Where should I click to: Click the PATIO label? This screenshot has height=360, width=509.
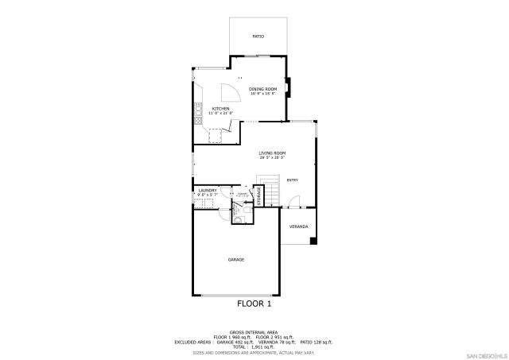pyautogui.click(x=258, y=37)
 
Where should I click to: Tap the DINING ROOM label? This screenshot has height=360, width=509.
pyautogui.click(x=262, y=88)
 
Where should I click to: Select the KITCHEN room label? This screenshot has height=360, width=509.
pyautogui.click(x=220, y=108)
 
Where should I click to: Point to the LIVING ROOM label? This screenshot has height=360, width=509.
pyautogui.click(x=272, y=153)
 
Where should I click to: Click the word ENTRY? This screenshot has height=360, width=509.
pyautogui.click(x=292, y=180)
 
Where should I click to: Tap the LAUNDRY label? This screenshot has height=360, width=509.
pyautogui.click(x=208, y=190)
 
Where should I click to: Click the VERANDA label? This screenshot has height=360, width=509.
pyautogui.click(x=298, y=226)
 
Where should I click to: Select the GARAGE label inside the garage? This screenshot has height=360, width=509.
pyautogui.click(x=236, y=260)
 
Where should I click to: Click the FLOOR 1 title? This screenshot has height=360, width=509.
pyautogui.click(x=254, y=304)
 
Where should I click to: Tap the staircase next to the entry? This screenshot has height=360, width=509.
pyautogui.click(x=272, y=189)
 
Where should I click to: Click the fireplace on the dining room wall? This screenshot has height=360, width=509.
pyautogui.click(x=289, y=85)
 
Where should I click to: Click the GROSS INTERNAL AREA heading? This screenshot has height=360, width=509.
pyautogui.click(x=254, y=332)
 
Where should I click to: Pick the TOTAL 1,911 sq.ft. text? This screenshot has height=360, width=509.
pyautogui.click(x=254, y=347)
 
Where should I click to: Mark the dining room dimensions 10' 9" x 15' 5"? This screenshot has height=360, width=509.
pyautogui.click(x=262, y=94)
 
